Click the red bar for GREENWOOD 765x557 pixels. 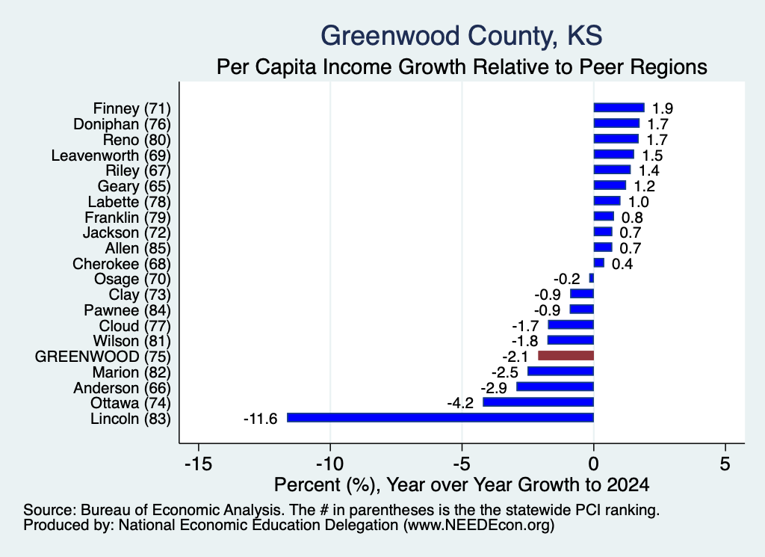[566, 355]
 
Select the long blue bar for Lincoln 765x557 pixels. [441, 417]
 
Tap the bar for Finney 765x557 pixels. [619, 108]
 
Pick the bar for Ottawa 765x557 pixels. [538, 401]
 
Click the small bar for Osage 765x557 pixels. [592, 278]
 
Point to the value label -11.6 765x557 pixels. [260, 419]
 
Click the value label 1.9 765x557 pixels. [663, 108]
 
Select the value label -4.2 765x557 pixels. [460, 403]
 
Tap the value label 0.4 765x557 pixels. [622, 264]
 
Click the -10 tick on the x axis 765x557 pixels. [330, 464]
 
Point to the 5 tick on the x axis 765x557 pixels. [725, 464]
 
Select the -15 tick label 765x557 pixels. [199, 464]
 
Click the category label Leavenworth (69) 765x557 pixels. [111, 156]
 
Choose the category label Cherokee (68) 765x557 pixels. [122, 264]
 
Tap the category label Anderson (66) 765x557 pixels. [122, 388]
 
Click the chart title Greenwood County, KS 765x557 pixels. [462, 36]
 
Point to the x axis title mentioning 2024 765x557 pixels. [462, 484]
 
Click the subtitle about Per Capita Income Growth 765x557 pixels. [462, 67]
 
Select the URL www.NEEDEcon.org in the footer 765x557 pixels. [479, 526]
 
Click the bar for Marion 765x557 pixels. [560, 371]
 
